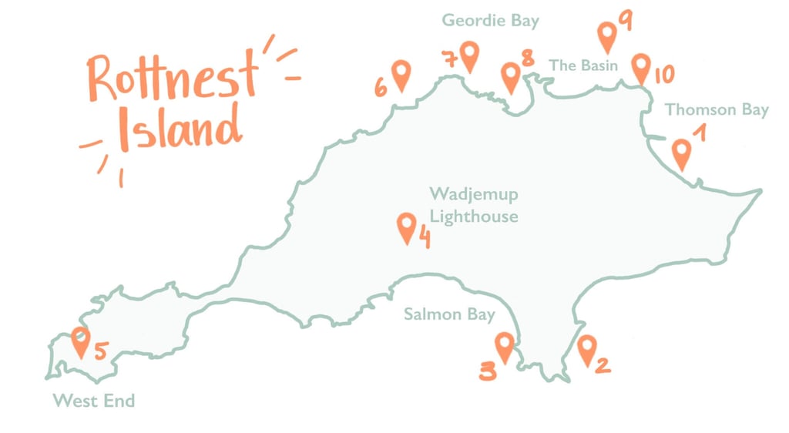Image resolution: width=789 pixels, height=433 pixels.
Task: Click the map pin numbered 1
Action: (680, 153)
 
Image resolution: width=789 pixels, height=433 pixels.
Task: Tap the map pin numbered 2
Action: (586, 348)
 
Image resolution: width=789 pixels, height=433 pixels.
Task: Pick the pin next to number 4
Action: (406, 227)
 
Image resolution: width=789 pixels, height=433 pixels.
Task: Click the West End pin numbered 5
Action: (80, 341)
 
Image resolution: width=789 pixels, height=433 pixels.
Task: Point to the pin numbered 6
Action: (401, 75)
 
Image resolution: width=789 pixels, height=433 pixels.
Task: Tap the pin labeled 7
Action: (469, 55)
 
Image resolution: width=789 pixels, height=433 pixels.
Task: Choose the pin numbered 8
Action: (510, 76)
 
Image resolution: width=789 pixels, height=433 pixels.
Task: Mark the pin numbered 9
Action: (607, 35)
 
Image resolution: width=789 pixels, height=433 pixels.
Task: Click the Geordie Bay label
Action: (490, 21)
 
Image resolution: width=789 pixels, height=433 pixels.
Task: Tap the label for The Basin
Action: (583, 65)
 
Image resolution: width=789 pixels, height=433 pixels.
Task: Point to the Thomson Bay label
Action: (717, 109)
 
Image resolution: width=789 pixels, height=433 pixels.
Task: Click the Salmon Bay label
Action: (449, 314)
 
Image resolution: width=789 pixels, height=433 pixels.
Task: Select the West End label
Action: (93, 401)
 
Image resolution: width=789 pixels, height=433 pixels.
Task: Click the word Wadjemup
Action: (474, 194)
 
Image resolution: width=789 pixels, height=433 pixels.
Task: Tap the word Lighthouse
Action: (474, 216)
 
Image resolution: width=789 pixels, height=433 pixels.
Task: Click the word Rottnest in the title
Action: (171, 76)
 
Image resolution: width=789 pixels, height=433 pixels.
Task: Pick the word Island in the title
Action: (179, 127)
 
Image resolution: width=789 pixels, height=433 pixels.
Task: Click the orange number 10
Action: (663, 75)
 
